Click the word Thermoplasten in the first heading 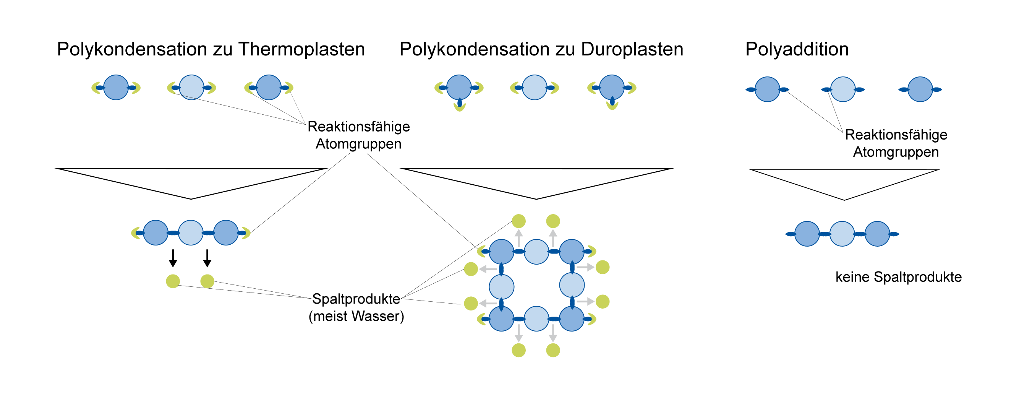click(x=301, y=49)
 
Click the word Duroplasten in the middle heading click(x=632, y=49)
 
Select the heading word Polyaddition click(x=797, y=49)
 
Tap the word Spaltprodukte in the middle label click(x=356, y=299)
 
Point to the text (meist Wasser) click(x=356, y=316)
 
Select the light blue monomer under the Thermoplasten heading click(x=191, y=88)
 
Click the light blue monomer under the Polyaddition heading click(x=843, y=89)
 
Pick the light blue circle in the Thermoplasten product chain click(x=191, y=233)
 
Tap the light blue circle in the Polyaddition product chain click(x=842, y=234)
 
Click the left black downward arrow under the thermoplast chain click(x=173, y=258)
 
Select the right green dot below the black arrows click(x=207, y=281)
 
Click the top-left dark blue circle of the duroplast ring click(x=502, y=252)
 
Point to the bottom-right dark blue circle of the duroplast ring click(x=572, y=319)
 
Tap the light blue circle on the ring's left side click(x=502, y=287)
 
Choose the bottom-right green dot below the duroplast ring click(x=553, y=350)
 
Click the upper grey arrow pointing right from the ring click(x=585, y=268)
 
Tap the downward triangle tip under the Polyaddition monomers click(x=844, y=200)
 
